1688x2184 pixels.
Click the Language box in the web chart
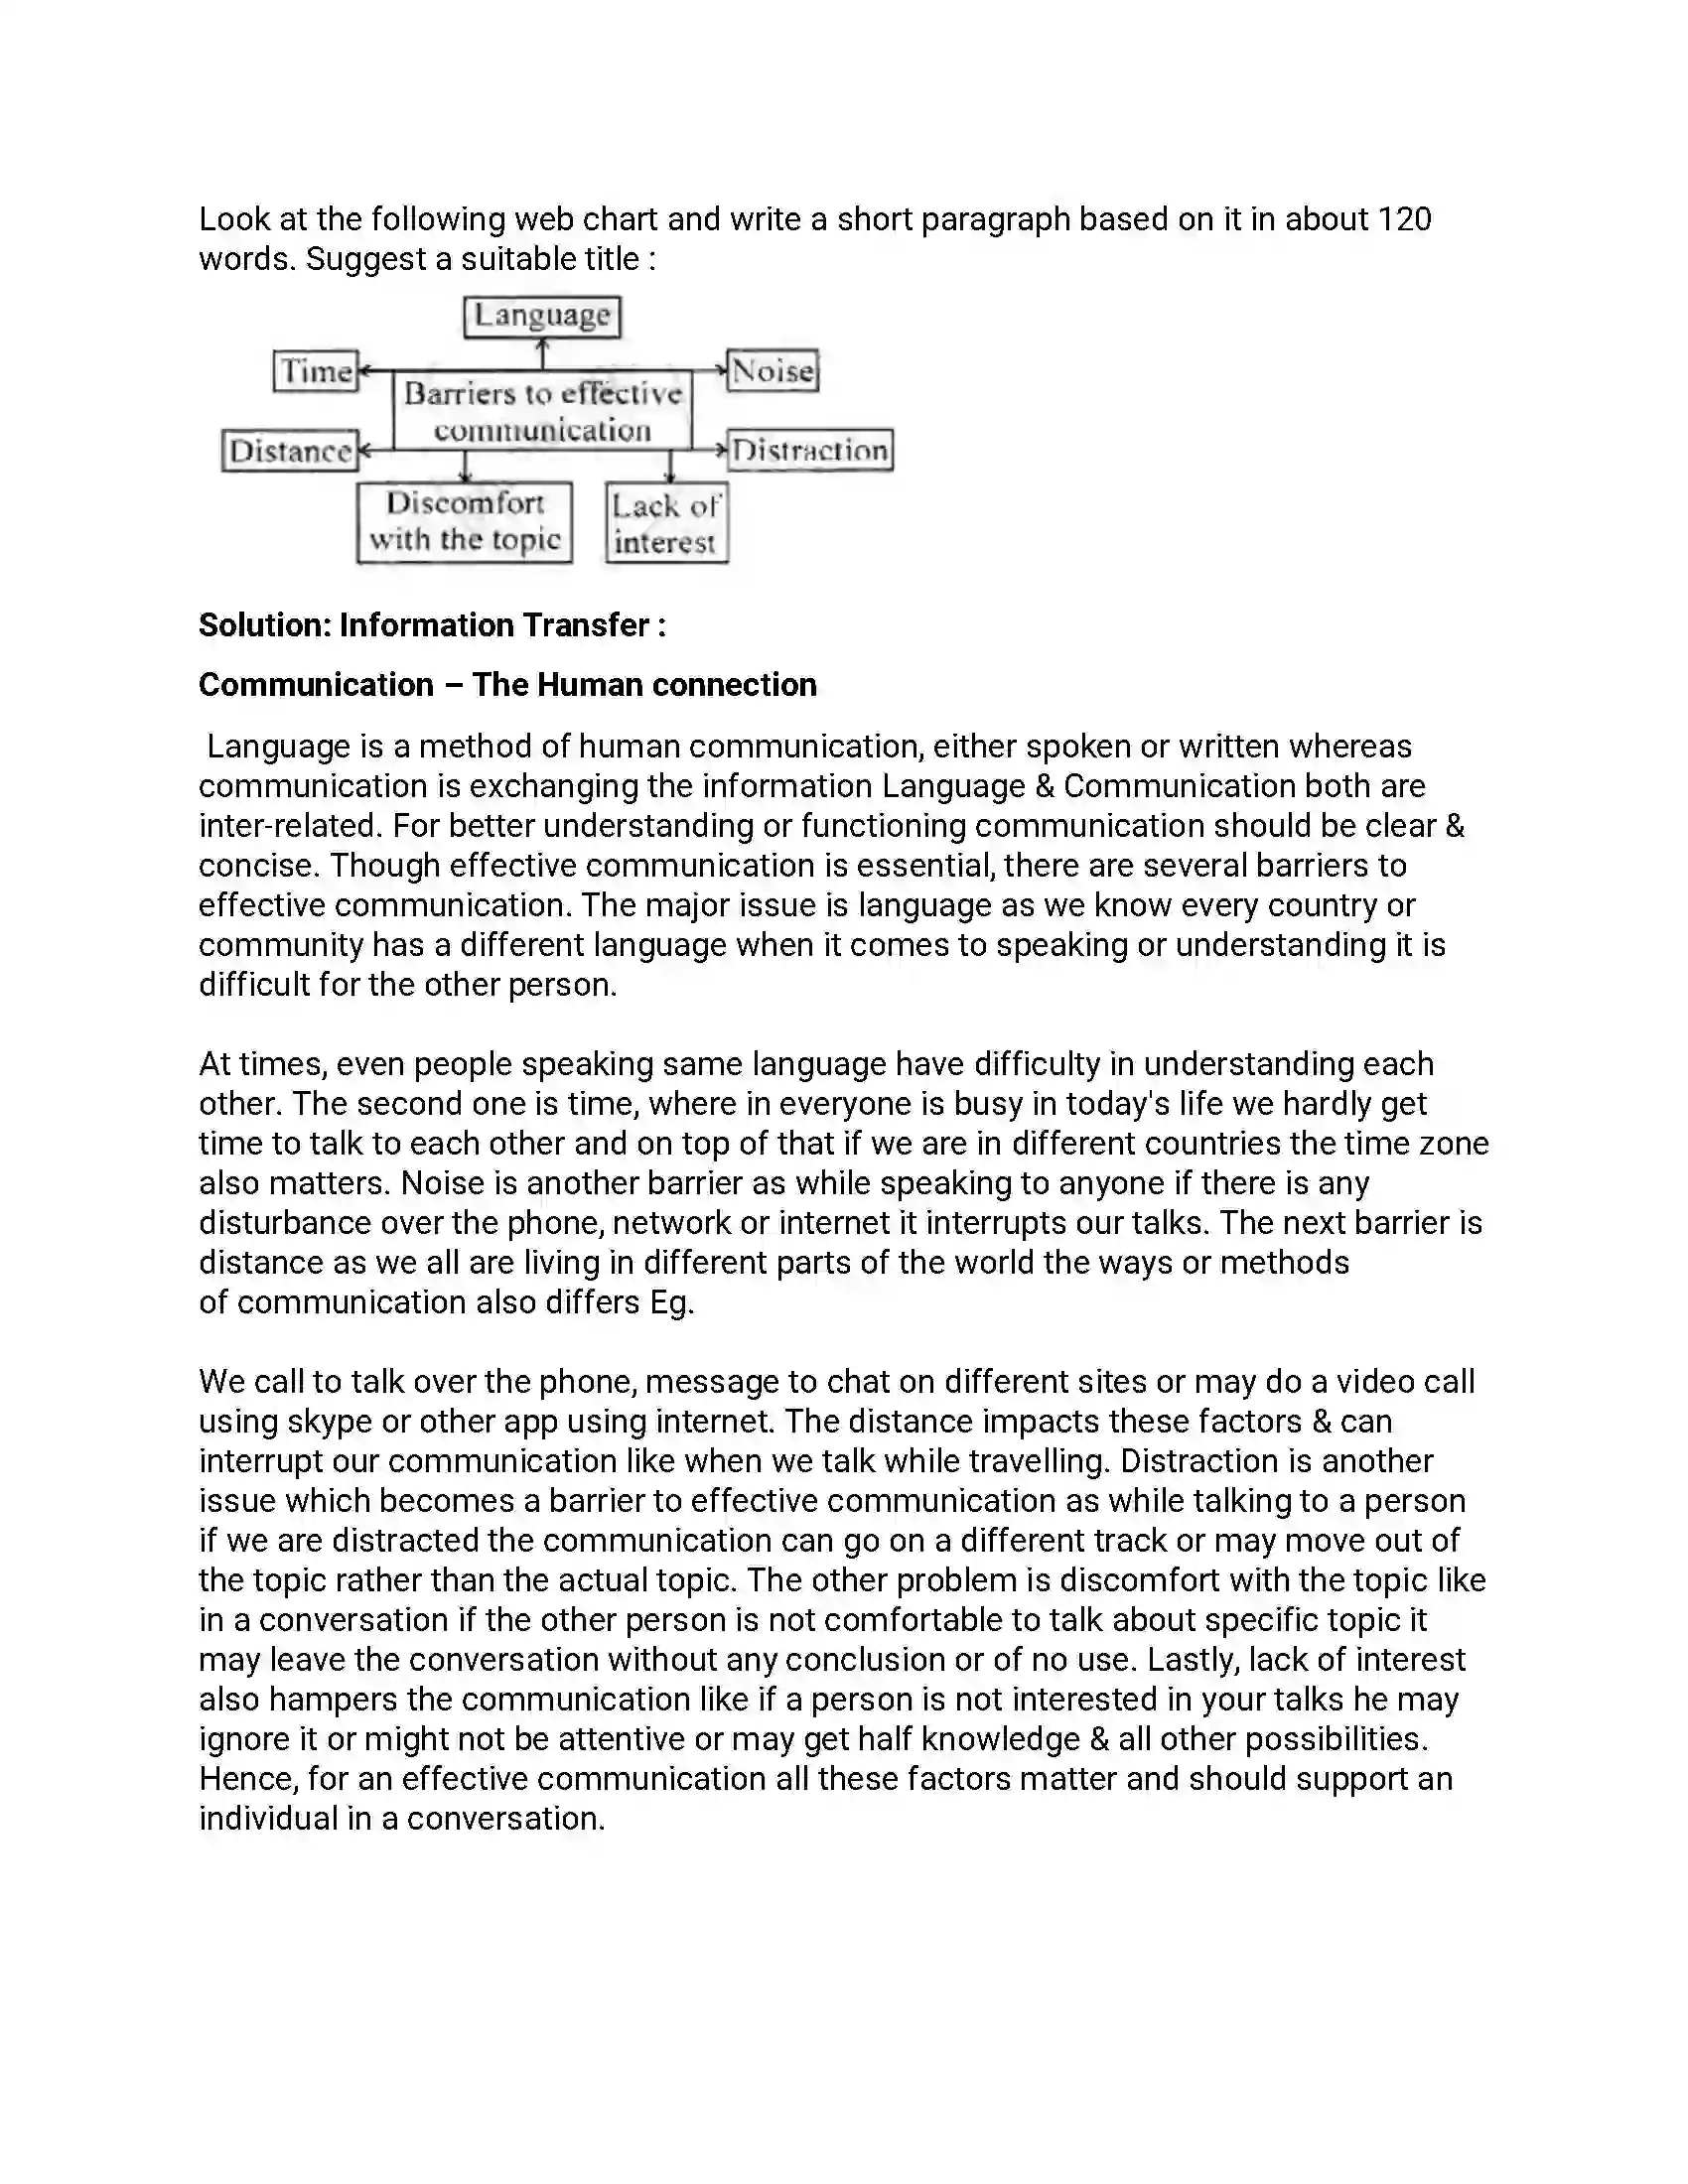(542, 316)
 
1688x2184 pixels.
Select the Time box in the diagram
(316, 371)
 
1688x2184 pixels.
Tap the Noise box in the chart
(773, 371)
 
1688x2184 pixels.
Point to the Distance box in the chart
(290, 451)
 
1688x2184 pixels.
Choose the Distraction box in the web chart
(810, 450)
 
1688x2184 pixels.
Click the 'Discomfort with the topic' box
(465, 522)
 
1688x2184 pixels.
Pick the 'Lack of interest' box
(666, 524)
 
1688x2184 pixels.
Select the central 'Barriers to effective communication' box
(542, 411)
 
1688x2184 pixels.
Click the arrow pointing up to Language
(542, 353)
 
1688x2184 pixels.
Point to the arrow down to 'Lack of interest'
(669, 467)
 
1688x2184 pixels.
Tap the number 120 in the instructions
(1404, 219)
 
